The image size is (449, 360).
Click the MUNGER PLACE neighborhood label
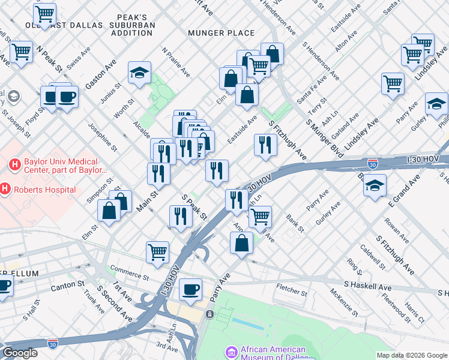tap(221, 33)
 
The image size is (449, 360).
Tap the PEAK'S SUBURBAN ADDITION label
tap(132, 25)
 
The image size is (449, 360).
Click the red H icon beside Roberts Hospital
tap(5, 190)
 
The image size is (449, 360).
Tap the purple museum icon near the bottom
tap(231, 353)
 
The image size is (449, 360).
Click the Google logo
tap(20, 353)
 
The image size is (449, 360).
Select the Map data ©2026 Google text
tap(411, 355)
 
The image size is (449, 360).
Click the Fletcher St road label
tap(292, 293)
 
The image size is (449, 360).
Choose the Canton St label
tap(67, 284)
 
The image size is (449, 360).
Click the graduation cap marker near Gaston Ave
tap(139, 74)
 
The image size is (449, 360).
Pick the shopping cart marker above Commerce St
tap(157, 252)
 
